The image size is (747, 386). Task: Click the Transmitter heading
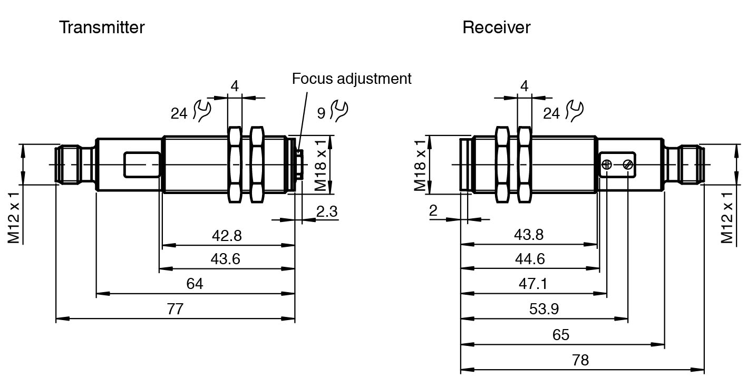[x=102, y=27]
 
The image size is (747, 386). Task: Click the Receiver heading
[x=496, y=27]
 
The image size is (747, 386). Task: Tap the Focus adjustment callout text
[x=352, y=79]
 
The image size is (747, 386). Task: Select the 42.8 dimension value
[x=227, y=235]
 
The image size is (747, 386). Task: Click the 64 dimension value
[x=195, y=284]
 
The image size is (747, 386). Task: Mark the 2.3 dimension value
[x=327, y=211]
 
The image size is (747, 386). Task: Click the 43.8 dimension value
[x=529, y=235]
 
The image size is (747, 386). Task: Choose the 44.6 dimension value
[x=530, y=259]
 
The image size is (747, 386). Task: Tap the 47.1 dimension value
[x=533, y=284]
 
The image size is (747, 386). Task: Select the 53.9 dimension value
[x=544, y=308]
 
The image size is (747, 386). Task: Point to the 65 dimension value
[x=561, y=335]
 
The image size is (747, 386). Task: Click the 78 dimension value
[x=580, y=360]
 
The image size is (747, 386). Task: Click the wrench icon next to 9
[x=339, y=110]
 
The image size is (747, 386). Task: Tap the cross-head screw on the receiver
[x=607, y=165]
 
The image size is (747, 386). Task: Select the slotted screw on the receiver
[x=627, y=165]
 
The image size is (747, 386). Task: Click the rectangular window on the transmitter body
[x=142, y=165]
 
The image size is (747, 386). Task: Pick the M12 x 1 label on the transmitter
[x=14, y=217]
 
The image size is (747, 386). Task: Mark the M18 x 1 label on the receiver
[x=420, y=165]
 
